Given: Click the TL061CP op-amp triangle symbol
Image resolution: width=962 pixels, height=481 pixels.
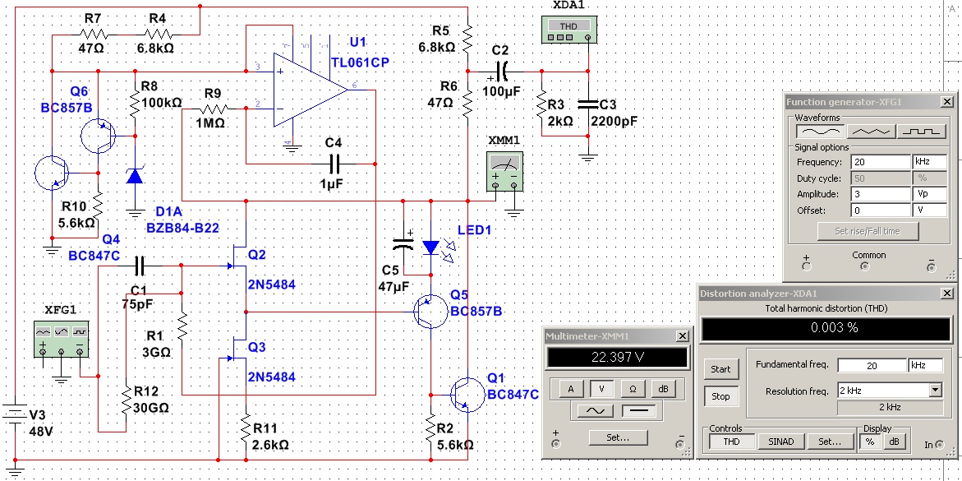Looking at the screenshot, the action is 310,90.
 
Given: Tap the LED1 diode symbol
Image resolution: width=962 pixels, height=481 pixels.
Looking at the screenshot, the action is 431,247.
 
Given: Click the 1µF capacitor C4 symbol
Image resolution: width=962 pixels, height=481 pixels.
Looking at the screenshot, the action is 334,164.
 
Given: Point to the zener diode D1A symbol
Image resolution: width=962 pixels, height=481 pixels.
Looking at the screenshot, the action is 135,177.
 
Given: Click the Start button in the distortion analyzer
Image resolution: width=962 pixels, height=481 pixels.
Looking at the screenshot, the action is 720,369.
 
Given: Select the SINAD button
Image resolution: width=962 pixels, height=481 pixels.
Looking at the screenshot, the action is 781,441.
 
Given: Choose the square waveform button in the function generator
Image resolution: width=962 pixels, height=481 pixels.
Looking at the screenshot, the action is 922,132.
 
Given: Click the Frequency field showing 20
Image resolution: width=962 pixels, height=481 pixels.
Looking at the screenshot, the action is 880,162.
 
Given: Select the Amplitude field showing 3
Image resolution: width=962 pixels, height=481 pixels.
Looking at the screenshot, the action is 880,194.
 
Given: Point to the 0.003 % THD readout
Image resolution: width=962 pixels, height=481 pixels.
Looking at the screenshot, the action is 826,328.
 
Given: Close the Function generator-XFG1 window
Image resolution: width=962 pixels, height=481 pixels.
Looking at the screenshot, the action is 947,102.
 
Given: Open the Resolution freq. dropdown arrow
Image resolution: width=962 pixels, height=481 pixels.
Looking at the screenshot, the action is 935,390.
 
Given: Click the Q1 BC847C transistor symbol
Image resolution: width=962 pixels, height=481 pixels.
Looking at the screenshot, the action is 466,393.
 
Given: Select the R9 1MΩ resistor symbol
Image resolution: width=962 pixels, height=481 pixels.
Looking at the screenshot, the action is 212,109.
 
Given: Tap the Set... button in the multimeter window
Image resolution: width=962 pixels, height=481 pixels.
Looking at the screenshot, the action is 618,438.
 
